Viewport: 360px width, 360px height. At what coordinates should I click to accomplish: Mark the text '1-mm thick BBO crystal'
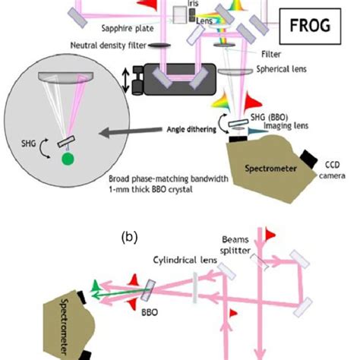click(x=147, y=191)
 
